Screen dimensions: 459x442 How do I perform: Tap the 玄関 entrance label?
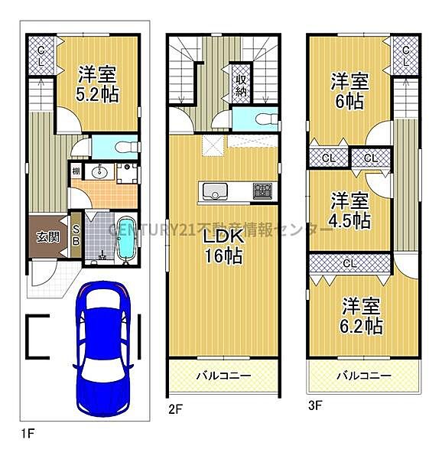44,236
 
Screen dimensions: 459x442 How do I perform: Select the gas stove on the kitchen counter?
262,190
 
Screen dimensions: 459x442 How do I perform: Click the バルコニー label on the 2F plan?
223,376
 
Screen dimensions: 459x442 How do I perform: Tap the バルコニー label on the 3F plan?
364,376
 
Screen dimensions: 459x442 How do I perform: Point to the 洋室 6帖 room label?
349,91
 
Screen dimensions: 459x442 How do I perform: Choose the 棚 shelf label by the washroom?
76,171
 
